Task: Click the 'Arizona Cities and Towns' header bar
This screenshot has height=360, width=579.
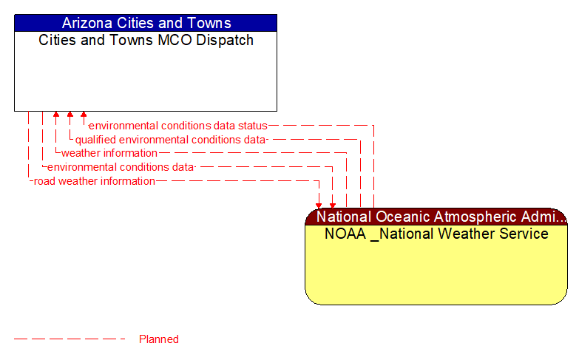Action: pyautogui.click(x=146, y=23)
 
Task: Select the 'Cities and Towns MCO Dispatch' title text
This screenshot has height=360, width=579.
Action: pyautogui.click(x=146, y=40)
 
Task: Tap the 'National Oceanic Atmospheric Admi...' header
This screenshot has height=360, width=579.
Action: pyautogui.click(x=436, y=217)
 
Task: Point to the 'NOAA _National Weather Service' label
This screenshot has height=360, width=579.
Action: pyautogui.click(x=436, y=234)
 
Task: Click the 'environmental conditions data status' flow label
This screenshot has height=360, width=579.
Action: pyautogui.click(x=177, y=126)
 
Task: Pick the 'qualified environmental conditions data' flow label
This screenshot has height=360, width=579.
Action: pyautogui.click(x=170, y=139)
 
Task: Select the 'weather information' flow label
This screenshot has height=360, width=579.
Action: pyautogui.click(x=109, y=153)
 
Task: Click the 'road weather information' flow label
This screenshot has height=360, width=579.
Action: pyautogui.click(x=95, y=180)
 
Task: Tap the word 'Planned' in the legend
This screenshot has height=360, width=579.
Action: pyautogui.click(x=159, y=339)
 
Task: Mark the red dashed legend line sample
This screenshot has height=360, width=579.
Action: pyautogui.click(x=70, y=339)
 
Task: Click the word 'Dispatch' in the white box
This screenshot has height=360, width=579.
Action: pyautogui.click(x=225, y=40)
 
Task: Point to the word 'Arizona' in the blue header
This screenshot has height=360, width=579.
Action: pyautogui.click(x=85, y=23)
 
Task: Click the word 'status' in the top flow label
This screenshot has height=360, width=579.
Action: pyautogui.click(x=252, y=126)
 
